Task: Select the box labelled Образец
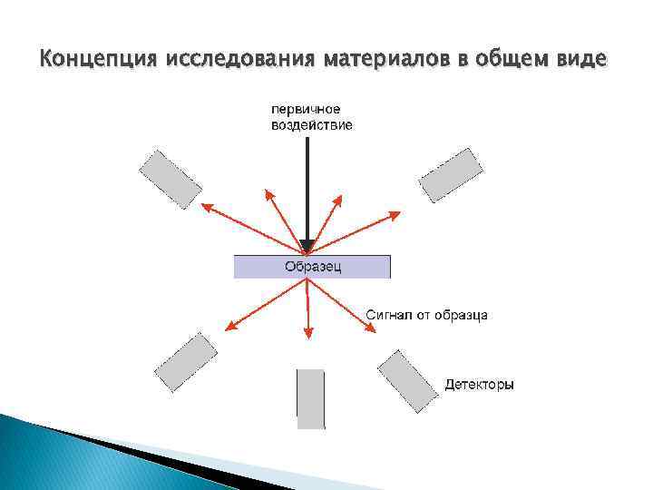[x=312, y=267]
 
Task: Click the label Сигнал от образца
[x=426, y=315]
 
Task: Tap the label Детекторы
[x=479, y=385]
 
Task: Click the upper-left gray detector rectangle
[x=170, y=179]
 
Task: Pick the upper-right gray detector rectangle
[x=450, y=175]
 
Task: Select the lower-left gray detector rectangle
[x=186, y=362]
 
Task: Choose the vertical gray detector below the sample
[x=310, y=397]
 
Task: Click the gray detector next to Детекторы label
[x=406, y=378]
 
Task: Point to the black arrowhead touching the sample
[x=308, y=246]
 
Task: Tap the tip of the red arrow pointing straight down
[x=308, y=337]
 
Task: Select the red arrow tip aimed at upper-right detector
[x=398, y=213]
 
